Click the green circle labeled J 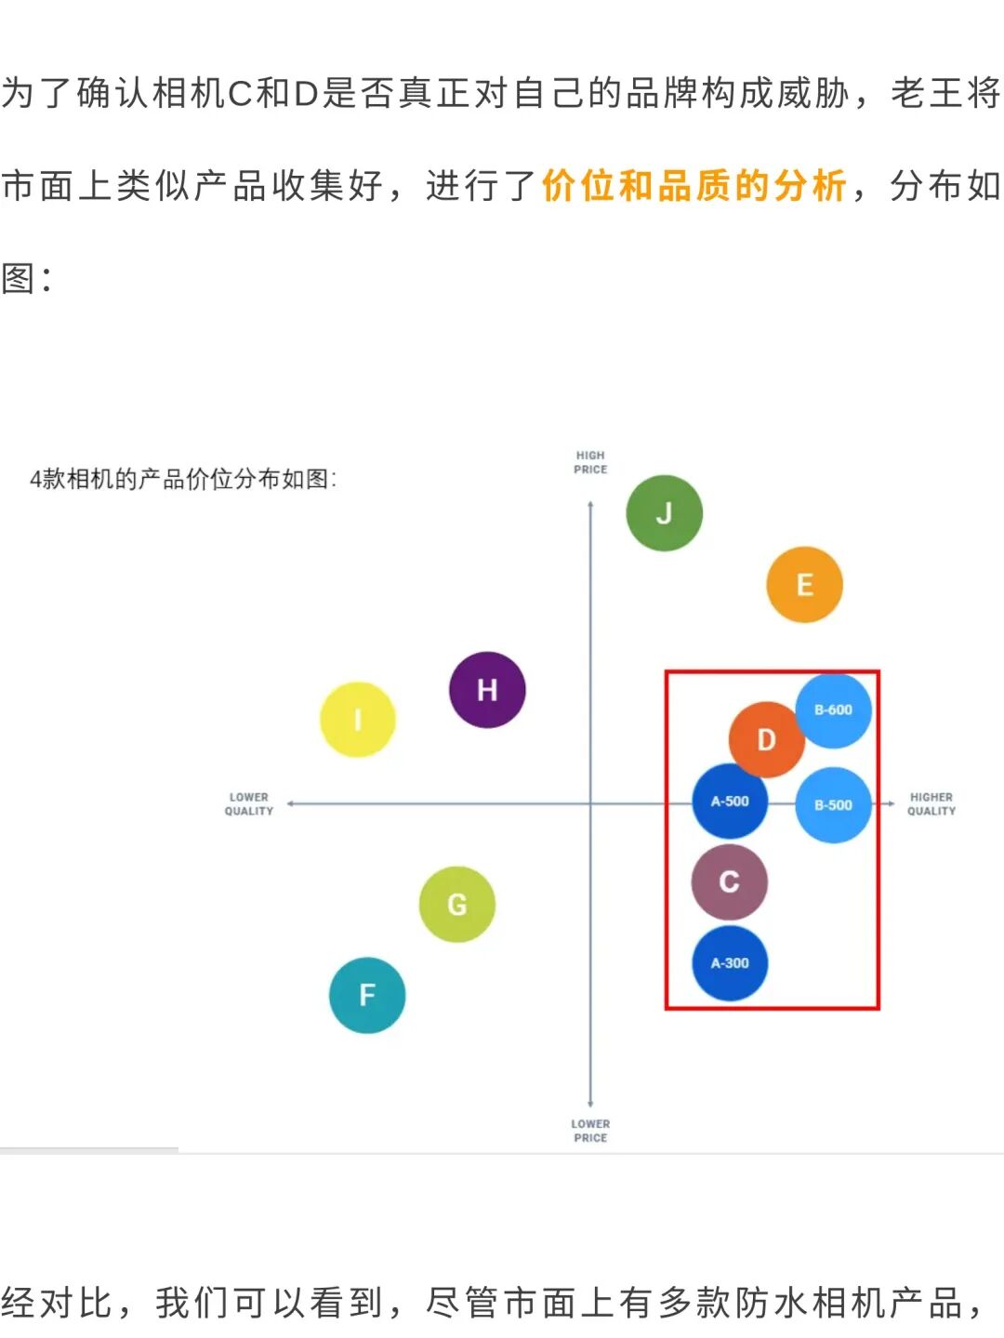[x=664, y=513]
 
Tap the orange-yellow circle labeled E [x=804, y=585]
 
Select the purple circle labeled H [x=487, y=690]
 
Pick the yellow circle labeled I [x=358, y=720]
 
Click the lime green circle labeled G [x=456, y=905]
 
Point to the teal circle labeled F [x=367, y=995]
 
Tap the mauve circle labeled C [x=730, y=881]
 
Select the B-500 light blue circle [x=833, y=805]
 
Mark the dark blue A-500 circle [x=729, y=801]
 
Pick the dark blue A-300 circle [x=730, y=963]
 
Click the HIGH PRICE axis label [x=590, y=462]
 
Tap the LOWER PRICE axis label [x=590, y=1131]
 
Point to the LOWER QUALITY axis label [x=249, y=804]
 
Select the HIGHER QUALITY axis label [x=931, y=804]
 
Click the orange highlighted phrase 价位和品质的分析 [x=694, y=186]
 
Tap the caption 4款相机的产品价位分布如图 [x=183, y=479]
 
